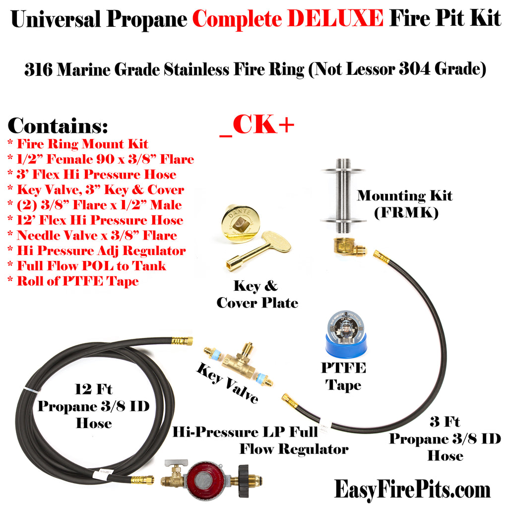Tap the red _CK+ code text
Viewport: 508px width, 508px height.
click(x=257, y=126)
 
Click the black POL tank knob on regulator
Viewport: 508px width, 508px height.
click(x=245, y=479)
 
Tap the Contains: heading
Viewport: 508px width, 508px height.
click(x=58, y=126)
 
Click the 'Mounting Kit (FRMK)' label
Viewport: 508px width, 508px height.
click(x=404, y=204)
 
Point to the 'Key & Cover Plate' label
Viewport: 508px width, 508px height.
click(x=257, y=294)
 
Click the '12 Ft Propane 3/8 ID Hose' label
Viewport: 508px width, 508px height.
click(x=94, y=406)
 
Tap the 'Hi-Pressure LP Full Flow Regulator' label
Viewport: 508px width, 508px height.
click(x=260, y=441)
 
